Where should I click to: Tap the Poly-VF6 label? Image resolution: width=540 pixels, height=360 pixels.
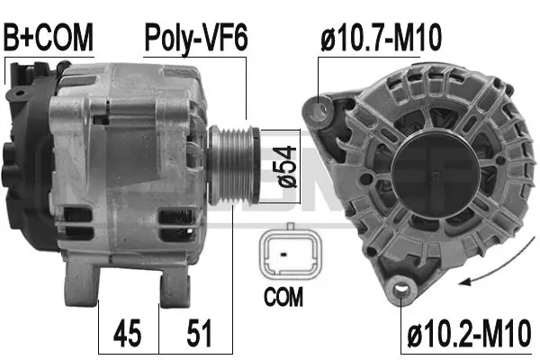tap(195, 38)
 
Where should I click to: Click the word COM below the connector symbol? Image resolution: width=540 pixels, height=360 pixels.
tap(285, 295)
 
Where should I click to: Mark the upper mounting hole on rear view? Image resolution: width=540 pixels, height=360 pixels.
tap(318, 111)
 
